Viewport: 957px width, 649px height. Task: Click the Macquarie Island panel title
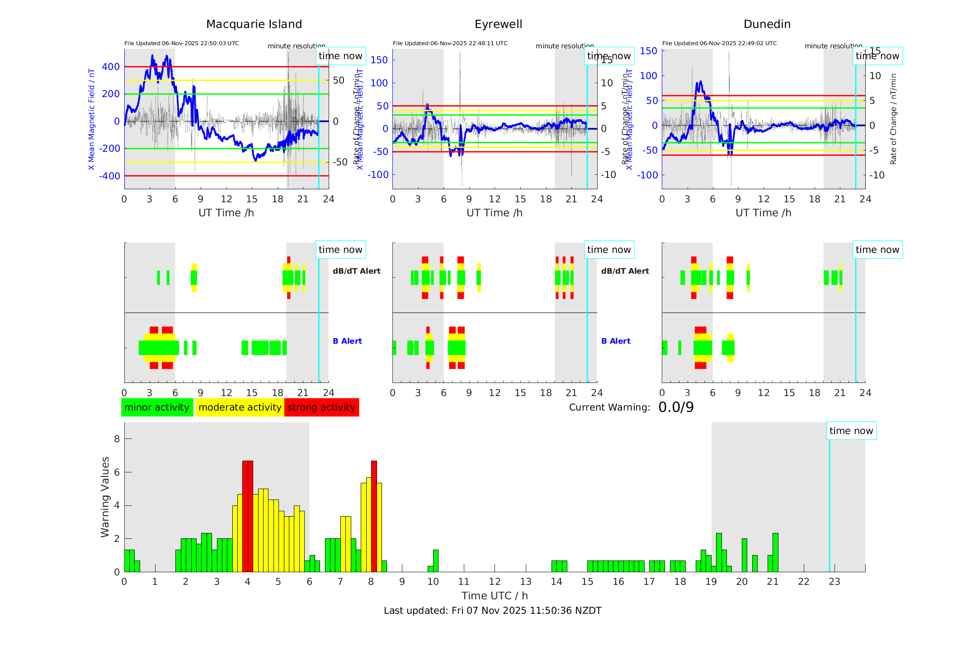pyautogui.click(x=254, y=24)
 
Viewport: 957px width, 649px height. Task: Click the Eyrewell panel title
pyautogui.click(x=498, y=24)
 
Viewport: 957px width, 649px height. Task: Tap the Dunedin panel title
pyautogui.click(x=767, y=24)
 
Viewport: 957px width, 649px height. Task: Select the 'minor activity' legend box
pyautogui.click(x=157, y=407)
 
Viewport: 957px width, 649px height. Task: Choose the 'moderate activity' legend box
pyautogui.click(x=240, y=407)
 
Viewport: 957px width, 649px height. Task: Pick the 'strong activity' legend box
pyautogui.click(x=321, y=407)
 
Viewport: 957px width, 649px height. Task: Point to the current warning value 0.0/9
pyautogui.click(x=676, y=407)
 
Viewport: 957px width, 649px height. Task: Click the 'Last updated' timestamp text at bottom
pyautogui.click(x=492, y=611)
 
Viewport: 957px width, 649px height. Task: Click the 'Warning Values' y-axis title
pyautogui.click(x=105, y=497)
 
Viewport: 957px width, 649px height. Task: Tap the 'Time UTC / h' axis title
pyautogui.click(x=495, y=596)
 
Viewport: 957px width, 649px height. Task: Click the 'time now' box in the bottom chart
pyautogui.click(x=851, y=431)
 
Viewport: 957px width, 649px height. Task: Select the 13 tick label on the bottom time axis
pyautogui.click(x=525, y=582)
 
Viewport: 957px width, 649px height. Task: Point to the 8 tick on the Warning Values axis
pyautogui.click(x=117, y=439)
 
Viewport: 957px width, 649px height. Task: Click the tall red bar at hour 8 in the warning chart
pyautogui.click(x=374, y=515)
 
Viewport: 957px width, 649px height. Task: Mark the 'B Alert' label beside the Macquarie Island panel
pyautogui.click(x=347, y=341)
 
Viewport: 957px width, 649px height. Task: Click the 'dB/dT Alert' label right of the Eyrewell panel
pyautogui.click(x=625, y=271)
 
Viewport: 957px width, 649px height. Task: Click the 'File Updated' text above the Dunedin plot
pyautogui.click(x=719, y=43)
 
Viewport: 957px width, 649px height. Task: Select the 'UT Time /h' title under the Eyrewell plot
pyautogui.click(x=495, y=213)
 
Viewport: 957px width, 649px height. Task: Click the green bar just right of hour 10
pyautogui.click(x=435, y=561)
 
